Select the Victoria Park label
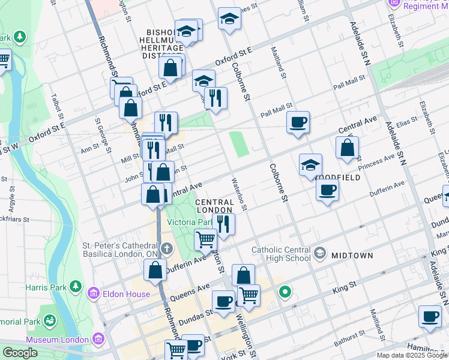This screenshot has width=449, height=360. pyautogui.click(x=189, y=222)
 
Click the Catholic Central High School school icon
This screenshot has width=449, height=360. pyautogui.click(x=319, y=253)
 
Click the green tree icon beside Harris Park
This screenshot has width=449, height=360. pyautogui.click(x=76, y=286)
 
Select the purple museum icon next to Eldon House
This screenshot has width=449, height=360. pyautogui.click(x=92, y=293)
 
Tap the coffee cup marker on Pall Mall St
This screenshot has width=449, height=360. pyautogui.click(x=298, y=123)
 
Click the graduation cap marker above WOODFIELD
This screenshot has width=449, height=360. pyautogui.click(x=310, y=165)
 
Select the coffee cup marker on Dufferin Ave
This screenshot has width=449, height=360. pyautogui.click(x=327, y=190)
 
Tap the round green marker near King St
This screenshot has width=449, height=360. pyautogui.click(x=285, y=292)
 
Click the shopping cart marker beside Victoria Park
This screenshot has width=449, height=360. pyautogui.click(x=206, y=239)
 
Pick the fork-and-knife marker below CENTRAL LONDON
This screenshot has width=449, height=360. pyautogui.click(x=223, y=224)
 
